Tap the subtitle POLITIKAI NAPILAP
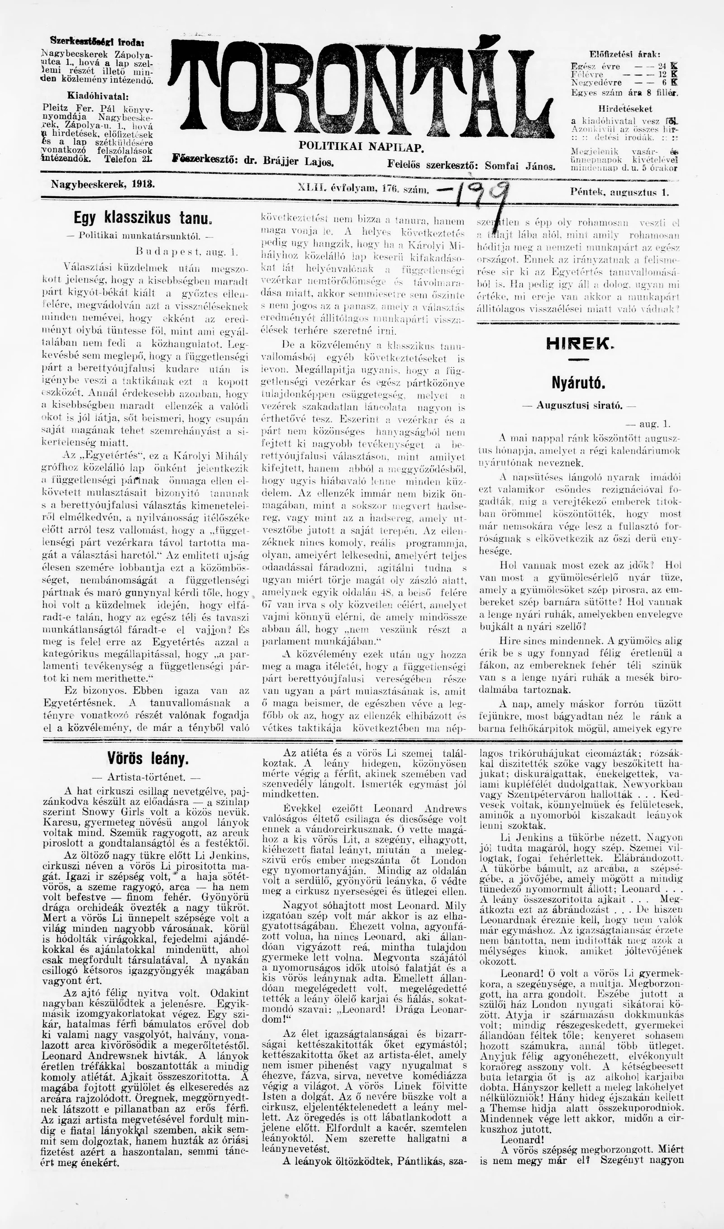pyautogui.click(x=361, y=146)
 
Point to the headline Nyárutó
pyautogui.click(x=578, y=383)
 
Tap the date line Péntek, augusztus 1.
pyautogui.click(x=619, y=192)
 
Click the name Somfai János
pyautogui.click(x=520, y=166)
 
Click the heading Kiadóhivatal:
pyautogui.click(x=97, y=95)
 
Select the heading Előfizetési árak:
pyautogui.click(x=625, y=54)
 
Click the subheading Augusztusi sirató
pyautogui.click(x=578, y=405)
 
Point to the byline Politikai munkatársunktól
pyautogui.click(x=133, y=236)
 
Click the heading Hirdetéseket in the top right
pyautogui.click(x=625, y=109)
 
